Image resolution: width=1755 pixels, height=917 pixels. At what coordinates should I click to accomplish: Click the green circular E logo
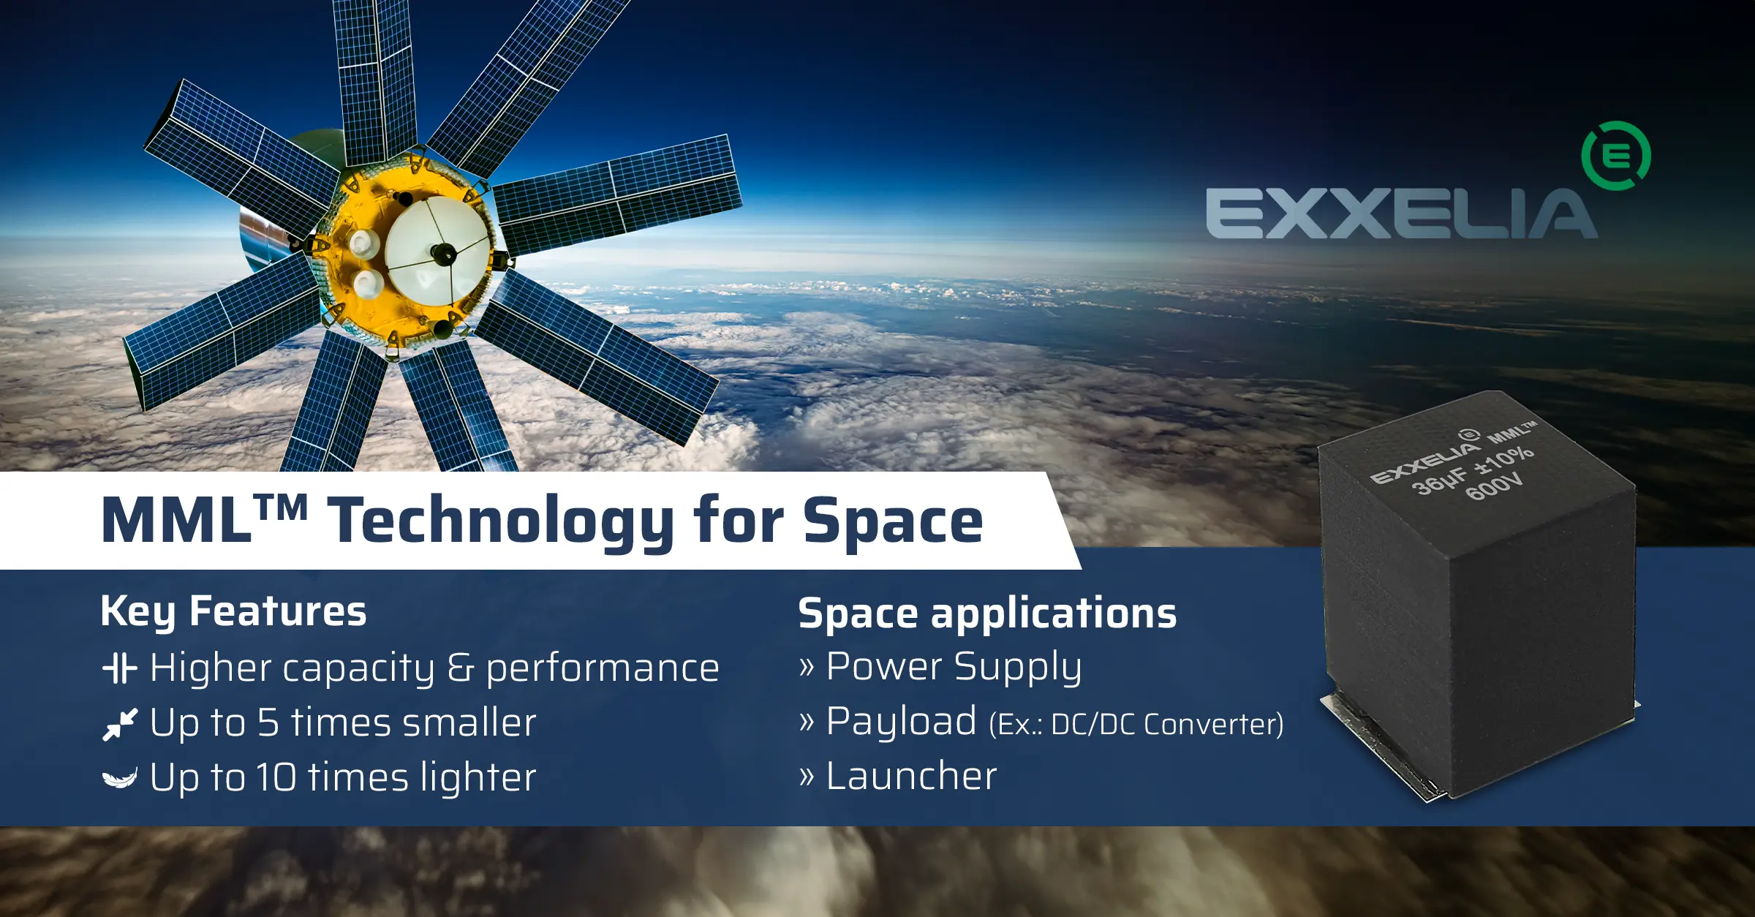[x=1615, y=156]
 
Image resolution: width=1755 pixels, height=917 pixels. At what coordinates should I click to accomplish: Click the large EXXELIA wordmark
[x=1401, y=214]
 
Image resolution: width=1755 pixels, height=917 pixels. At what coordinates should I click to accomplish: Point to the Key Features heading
[x=233, y=611]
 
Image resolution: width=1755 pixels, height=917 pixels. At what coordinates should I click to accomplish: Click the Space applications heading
[x=987, y=613]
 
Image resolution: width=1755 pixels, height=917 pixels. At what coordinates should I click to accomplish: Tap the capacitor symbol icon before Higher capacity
[x=119, y=668]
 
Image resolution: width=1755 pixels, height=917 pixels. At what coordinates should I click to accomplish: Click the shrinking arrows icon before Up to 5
[x=120, y=724]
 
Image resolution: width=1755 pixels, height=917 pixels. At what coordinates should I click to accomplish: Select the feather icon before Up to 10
[x=119, y=779]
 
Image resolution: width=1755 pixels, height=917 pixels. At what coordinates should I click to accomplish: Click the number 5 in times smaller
[x=268, y=722]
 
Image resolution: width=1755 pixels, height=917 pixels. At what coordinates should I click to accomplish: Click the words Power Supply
[x=954, y=667]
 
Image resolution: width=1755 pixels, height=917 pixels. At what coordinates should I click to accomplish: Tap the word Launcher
[x=911, y=776]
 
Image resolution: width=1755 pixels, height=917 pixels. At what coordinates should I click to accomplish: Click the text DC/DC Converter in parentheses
[x=1166, y=725]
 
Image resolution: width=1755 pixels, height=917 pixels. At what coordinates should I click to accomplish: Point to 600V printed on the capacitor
[x=1494, y=486]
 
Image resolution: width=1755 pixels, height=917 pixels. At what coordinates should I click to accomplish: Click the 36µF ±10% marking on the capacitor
[x=1471, y=470]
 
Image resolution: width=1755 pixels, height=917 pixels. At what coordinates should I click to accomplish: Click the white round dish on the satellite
[x=437, y=253]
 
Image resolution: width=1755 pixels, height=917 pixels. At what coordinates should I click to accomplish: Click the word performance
[x=603, y=668]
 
